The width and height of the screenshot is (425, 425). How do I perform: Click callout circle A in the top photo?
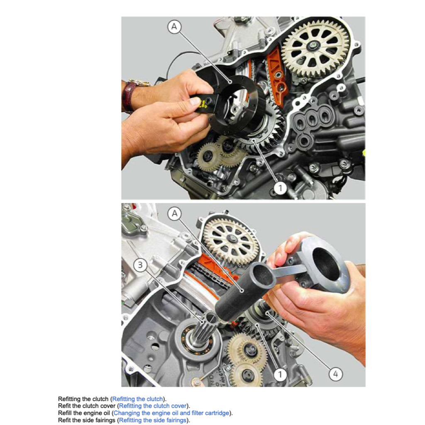coord(174,27)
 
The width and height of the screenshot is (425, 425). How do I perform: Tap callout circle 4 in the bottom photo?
coord(336,374)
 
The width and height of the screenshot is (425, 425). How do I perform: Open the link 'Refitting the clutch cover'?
coord(153,406)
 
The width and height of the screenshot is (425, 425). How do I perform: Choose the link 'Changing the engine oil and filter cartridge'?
coord(171,413)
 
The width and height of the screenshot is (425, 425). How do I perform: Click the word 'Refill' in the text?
coord(65,413)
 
